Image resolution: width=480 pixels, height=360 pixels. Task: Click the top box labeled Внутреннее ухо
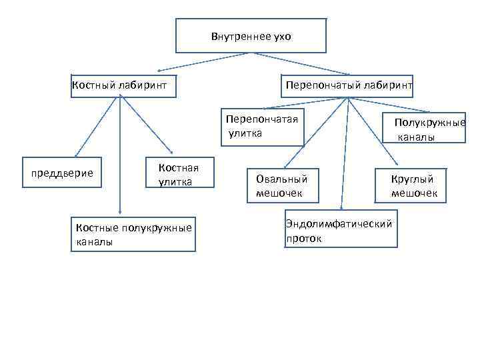pos(251,35)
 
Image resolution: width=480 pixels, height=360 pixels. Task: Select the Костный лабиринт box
pos(123,86)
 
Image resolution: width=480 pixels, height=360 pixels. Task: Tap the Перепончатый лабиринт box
pos(349,86)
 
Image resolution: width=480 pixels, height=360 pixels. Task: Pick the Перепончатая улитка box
pos(262,126)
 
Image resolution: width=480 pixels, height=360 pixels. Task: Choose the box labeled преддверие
pos(63,173)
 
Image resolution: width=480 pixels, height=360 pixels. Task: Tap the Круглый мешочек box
pos(414,185)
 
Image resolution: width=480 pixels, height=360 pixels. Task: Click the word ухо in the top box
pos(282,36)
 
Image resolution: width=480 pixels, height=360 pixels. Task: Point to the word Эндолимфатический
pos(339,224)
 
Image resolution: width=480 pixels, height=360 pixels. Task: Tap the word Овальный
pos(281,179)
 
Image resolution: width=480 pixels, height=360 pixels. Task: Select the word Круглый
pos(413,179)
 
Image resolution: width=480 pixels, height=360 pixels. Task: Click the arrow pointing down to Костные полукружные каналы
pos(120,153)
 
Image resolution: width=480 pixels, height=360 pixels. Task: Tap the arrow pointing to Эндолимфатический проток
pos(344,153)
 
